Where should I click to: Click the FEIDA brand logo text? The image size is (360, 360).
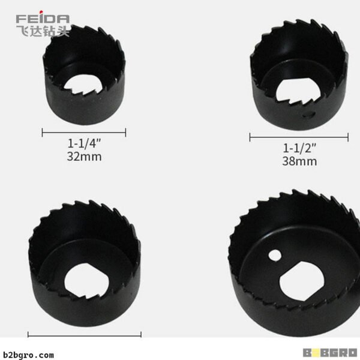(43, 19)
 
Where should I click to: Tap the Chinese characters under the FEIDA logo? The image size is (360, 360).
(43, 31)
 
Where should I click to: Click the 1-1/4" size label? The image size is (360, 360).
(84, 143)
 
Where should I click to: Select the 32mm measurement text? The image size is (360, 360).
(84, 157)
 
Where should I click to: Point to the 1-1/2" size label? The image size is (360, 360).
(299, 148)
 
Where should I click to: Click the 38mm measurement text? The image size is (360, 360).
(299, 161)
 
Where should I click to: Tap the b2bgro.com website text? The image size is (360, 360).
(28, 355)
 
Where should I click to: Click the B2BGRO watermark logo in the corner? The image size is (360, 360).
(330, 353)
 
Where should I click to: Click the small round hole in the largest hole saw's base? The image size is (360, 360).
(275, 256)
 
